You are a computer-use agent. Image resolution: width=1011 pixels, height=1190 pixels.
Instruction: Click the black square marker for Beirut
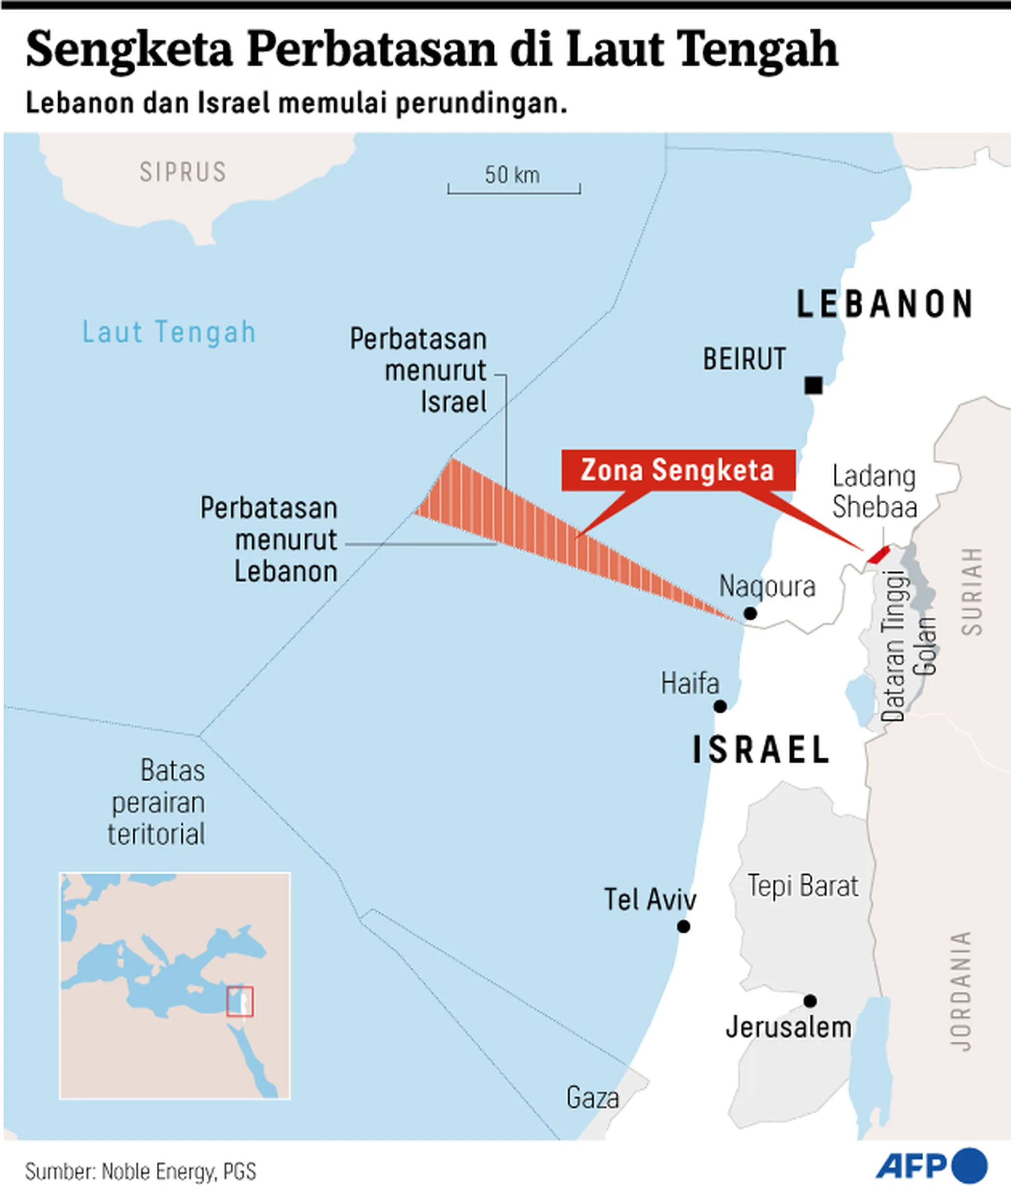tap(813, 385)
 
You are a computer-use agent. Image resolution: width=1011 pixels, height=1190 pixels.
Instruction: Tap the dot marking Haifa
tap(720, 707)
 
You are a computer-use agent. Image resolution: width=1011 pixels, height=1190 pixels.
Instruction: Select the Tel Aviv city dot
tap(683, 926)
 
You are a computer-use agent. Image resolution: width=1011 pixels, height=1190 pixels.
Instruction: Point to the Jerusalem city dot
tap(810, 1001)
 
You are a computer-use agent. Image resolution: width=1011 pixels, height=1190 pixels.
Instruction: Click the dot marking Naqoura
tap(750, 614)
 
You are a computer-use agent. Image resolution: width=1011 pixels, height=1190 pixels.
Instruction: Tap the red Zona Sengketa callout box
tap(678, 470)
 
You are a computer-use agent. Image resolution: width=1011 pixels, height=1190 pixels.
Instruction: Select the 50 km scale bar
tap(514, 188)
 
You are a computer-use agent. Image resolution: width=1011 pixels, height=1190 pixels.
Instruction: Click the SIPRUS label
tap(183, 172)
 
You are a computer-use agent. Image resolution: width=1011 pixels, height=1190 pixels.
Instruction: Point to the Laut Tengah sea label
tap(169, 332)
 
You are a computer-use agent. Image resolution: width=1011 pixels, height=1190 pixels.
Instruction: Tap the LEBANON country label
tap(885, 304)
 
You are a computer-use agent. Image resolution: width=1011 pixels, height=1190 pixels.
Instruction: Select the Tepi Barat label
tap(803, 886)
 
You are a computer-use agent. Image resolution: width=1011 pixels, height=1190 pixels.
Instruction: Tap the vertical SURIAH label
tap(972, 591)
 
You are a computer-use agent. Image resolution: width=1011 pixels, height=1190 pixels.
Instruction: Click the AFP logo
tap(931, 1165)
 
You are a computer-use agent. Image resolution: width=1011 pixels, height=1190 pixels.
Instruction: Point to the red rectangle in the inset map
tap(239, 1001)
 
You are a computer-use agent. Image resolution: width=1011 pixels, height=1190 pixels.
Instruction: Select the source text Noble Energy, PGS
tap(179, 1171)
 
